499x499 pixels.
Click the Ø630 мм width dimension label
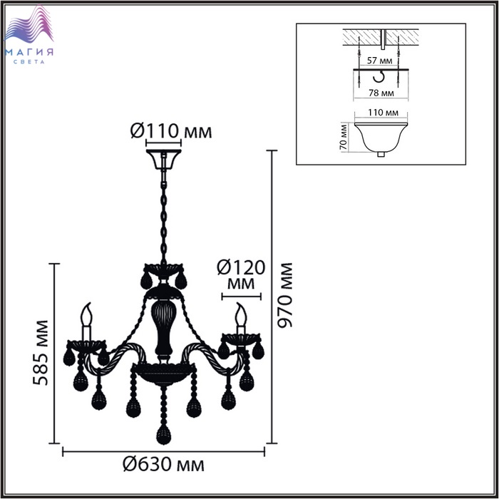[x=163, y=465]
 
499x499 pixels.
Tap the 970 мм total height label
[x=285, y=295]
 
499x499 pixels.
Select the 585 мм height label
[x=41, y=353]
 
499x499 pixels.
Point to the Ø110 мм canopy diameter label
[x=171, y=130]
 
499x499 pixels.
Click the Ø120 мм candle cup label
[x=241, y=275]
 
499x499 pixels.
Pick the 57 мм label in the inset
[x=379, y=60]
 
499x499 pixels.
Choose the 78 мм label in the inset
[x=381, y=93]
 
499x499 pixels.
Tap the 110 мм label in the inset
[x=384, y=113]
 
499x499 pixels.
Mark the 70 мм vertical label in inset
[x=343, y=137]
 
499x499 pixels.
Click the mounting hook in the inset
[x=379, y=77]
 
